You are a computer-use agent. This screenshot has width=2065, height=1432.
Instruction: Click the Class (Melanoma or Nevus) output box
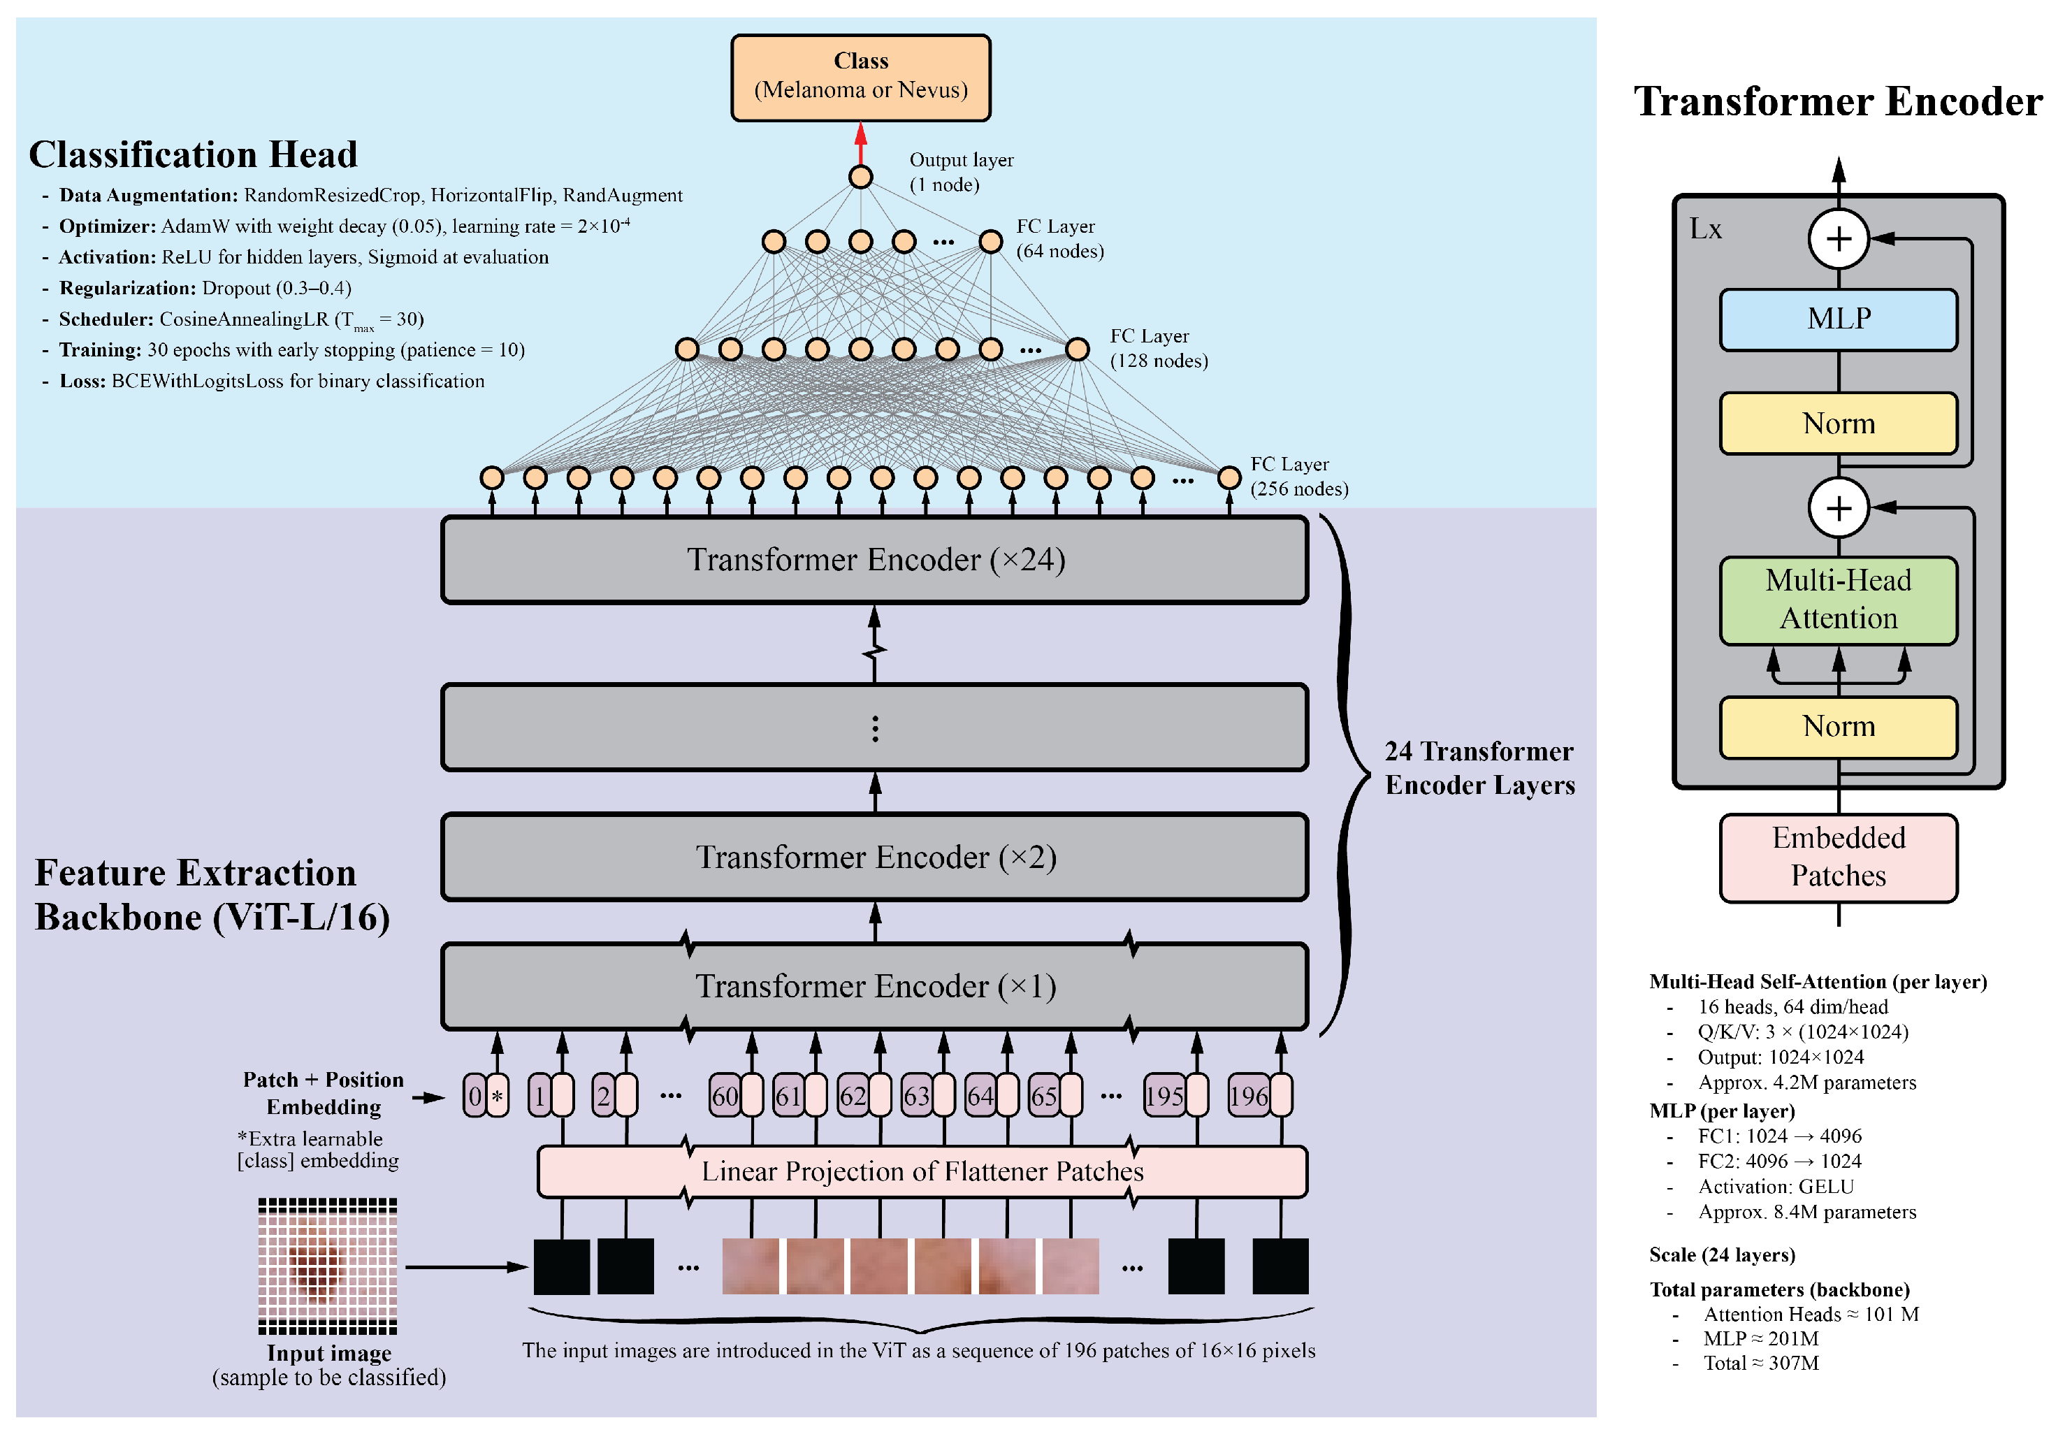860,77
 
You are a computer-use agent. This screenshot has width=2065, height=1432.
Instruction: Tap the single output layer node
860,177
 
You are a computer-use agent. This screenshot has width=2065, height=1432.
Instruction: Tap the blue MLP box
1837,319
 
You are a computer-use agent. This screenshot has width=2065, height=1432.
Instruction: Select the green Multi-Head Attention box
1837,600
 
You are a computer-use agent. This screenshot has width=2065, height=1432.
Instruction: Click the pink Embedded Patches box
1837,857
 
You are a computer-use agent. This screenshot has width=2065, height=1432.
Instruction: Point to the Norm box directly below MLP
1837,424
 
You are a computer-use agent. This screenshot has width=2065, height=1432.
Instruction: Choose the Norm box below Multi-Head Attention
1837,727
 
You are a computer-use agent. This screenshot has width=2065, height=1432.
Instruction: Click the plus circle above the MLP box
1837,239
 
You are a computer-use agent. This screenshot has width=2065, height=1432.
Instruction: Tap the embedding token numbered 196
1248,1096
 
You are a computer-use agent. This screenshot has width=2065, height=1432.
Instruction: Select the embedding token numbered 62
852,1096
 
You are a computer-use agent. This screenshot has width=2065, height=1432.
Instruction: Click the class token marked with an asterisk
497,1096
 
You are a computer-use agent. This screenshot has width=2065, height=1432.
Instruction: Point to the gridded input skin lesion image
328,1266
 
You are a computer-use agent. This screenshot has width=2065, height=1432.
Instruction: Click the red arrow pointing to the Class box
860,143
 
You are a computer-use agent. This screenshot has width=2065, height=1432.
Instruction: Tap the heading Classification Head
193,154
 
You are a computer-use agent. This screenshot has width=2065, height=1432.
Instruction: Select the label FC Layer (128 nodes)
1158,348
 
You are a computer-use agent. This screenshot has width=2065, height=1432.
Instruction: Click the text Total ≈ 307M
1760,1363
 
